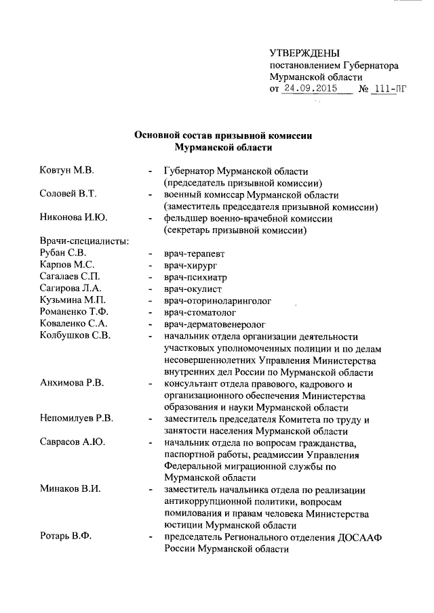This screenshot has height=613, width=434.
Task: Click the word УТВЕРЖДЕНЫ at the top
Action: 304,54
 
